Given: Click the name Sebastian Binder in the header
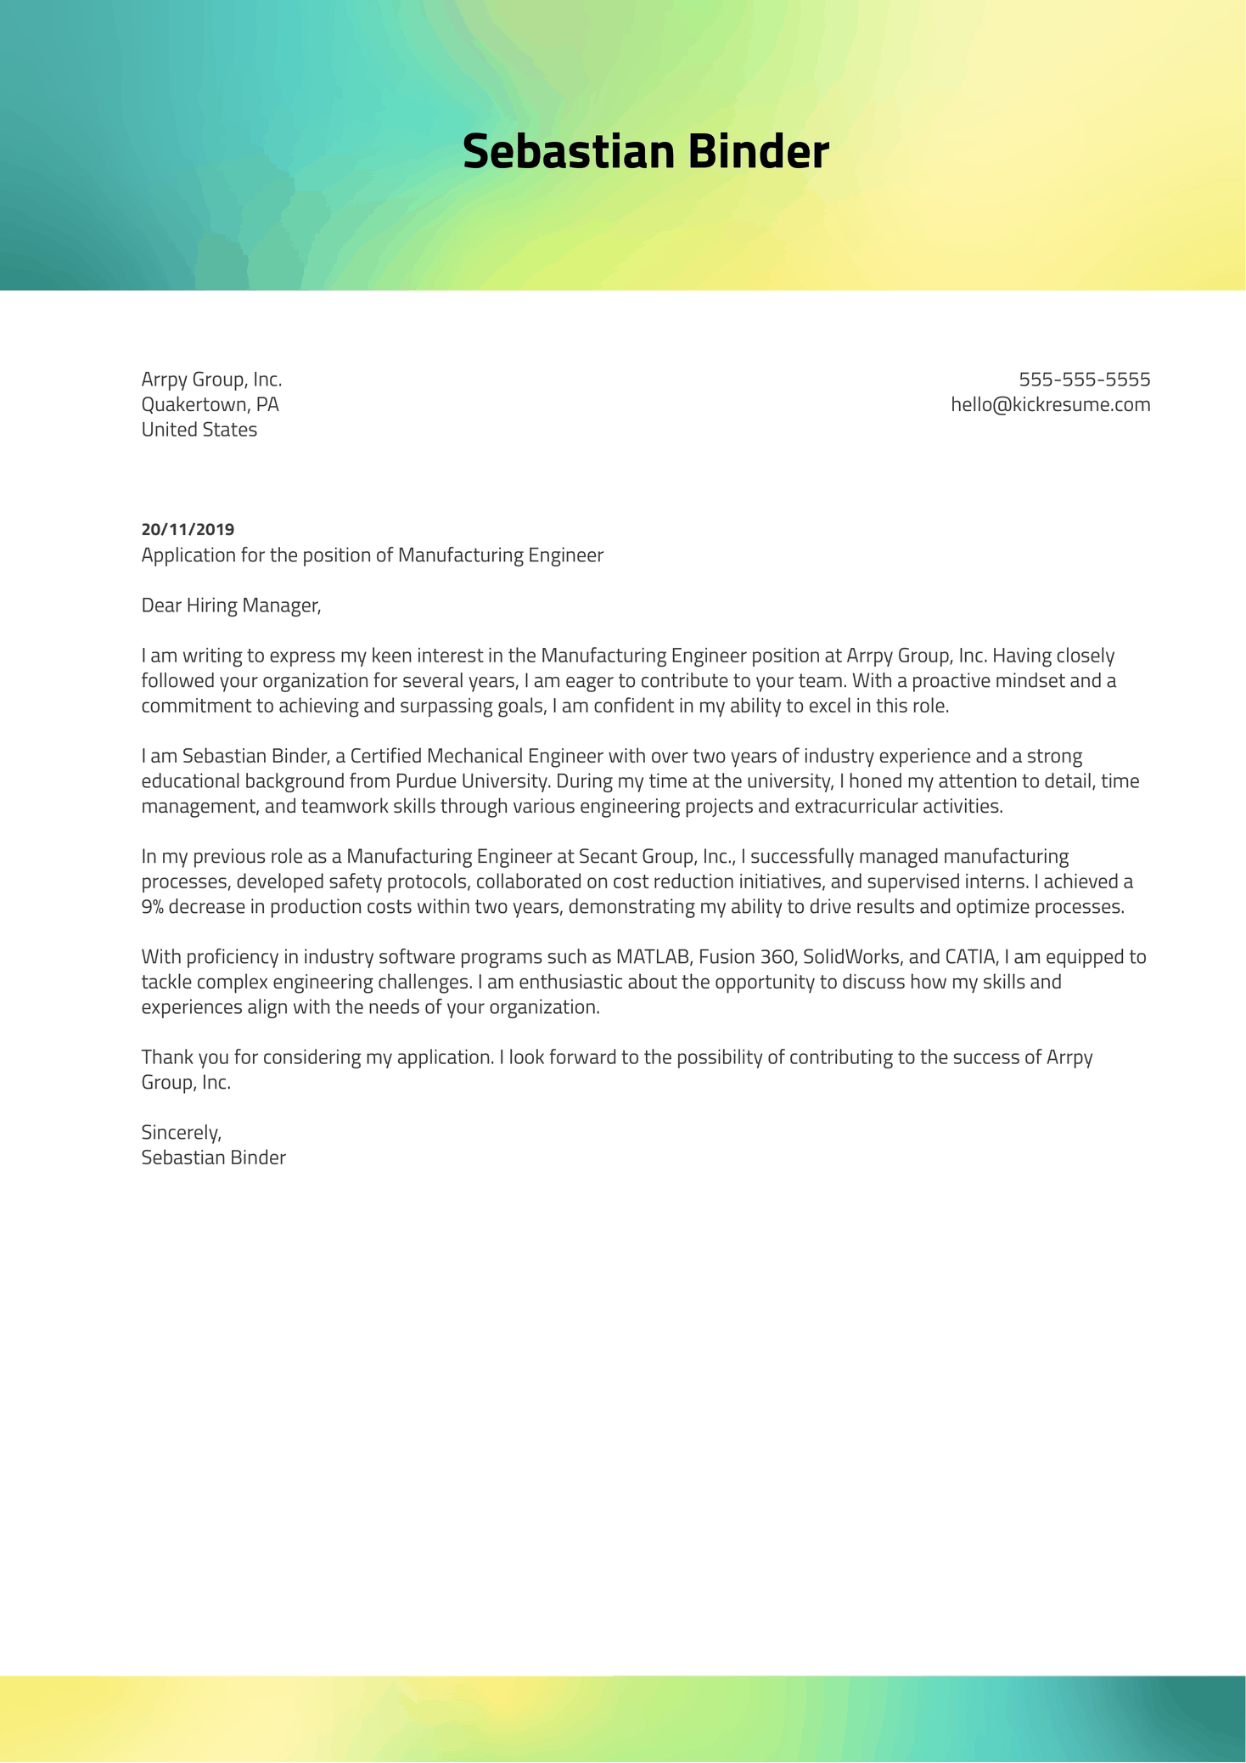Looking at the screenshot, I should pos(645,152).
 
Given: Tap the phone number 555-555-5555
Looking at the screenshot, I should pos(1084,379).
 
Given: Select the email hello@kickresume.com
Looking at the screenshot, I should pos(1050,404).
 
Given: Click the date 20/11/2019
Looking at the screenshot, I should pos(188,530).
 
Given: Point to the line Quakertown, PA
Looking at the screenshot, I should pos(210,404).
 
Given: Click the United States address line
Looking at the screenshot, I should pos(199,430).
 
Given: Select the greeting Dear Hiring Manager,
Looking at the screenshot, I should pos(231,606).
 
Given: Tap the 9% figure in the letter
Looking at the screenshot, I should pos(152,907).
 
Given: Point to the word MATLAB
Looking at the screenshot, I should pos(654,957).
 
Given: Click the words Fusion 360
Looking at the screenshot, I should pos(745,957).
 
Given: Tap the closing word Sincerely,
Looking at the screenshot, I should pos(181,1133).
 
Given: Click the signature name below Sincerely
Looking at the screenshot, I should pos(213,1157).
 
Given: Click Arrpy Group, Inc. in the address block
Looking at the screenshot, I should pos(211,380).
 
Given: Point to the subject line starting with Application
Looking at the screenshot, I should pos(372,555).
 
